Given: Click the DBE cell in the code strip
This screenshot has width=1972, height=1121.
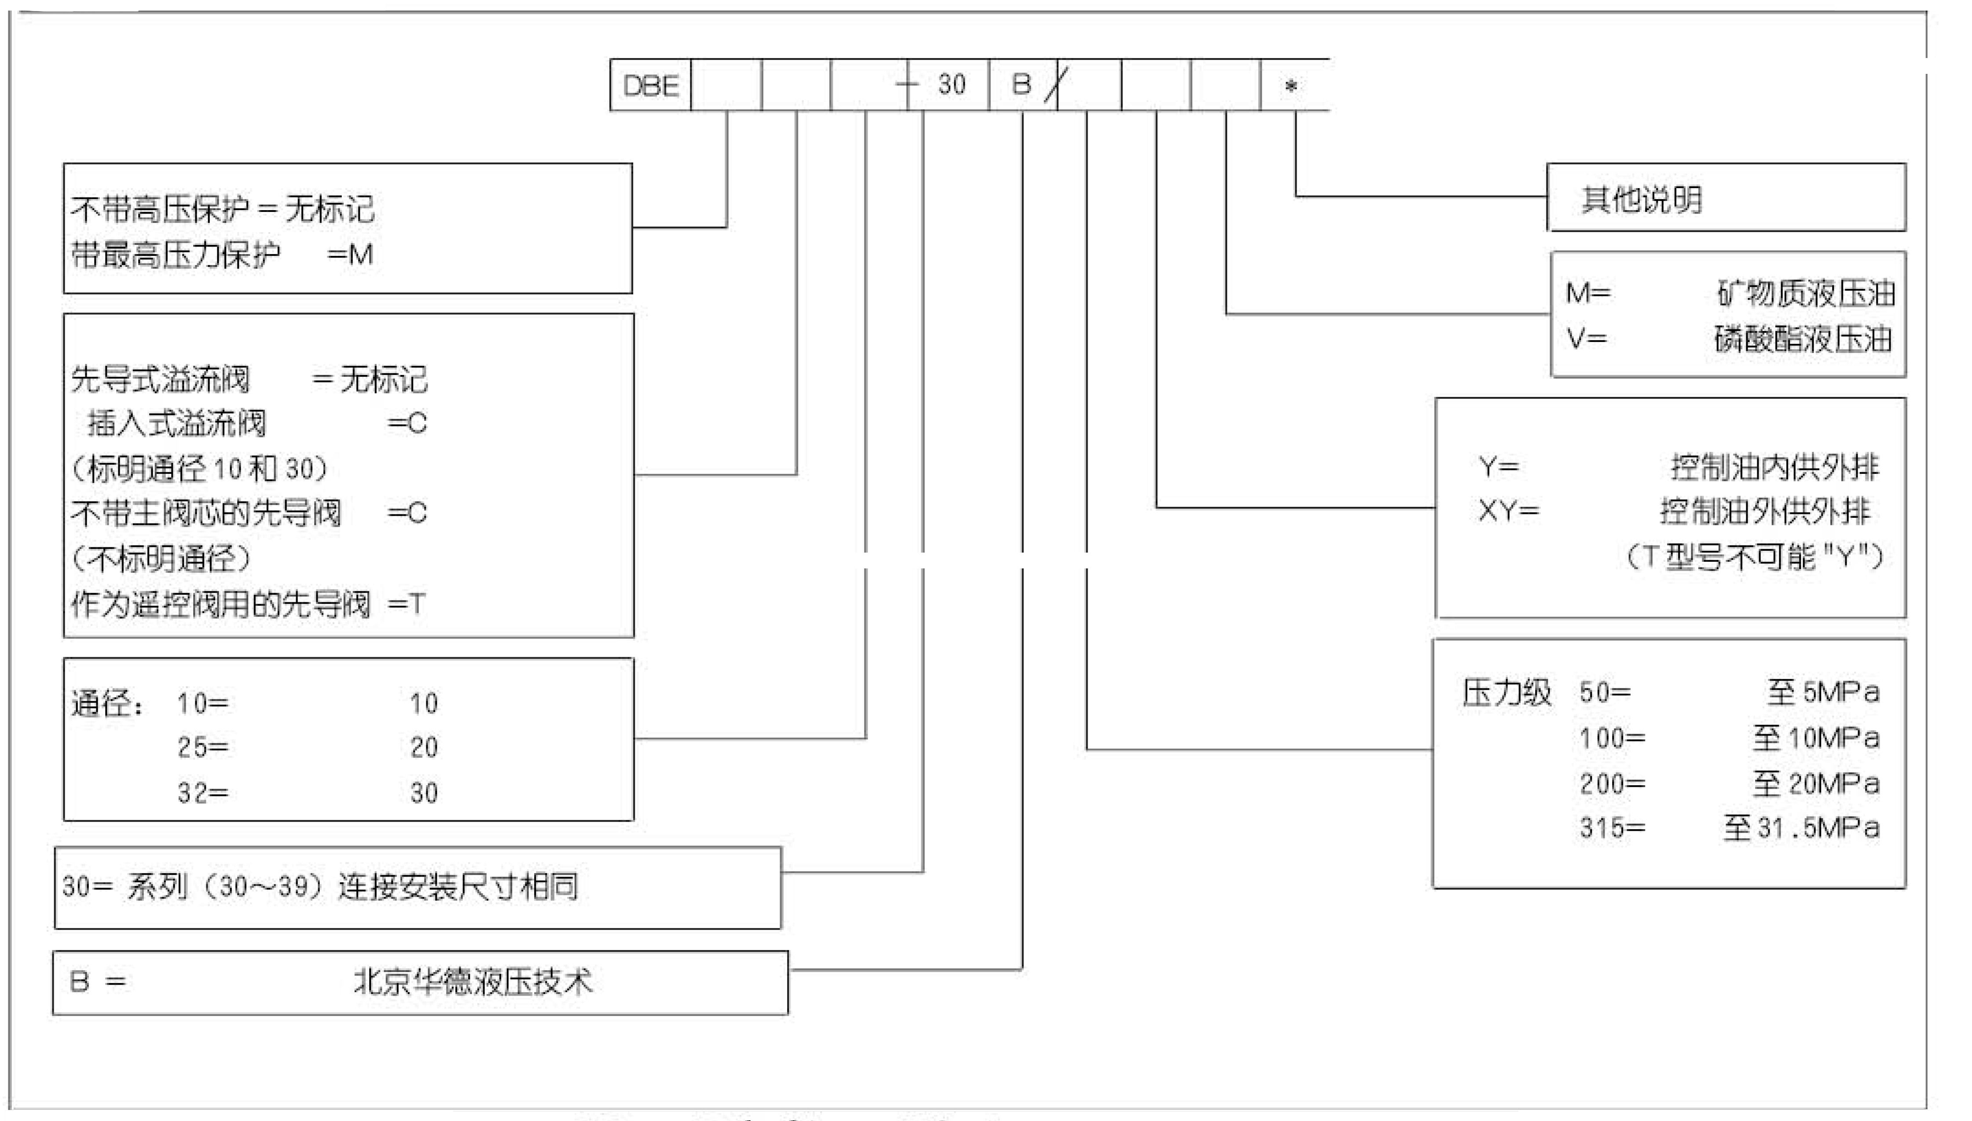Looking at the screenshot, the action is coord(651,85).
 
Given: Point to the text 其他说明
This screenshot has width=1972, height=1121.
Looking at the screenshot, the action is coord(1642,200).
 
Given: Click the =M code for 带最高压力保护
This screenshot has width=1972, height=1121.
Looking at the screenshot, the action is coord(351,254).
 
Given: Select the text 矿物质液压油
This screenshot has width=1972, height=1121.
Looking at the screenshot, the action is coord(1806,293).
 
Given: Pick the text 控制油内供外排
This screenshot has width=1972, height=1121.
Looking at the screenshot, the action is coord(1774,466).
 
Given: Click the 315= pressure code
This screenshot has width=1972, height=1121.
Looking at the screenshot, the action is coord(1612,828).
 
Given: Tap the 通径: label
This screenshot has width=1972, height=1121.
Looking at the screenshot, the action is coord(107,702).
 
